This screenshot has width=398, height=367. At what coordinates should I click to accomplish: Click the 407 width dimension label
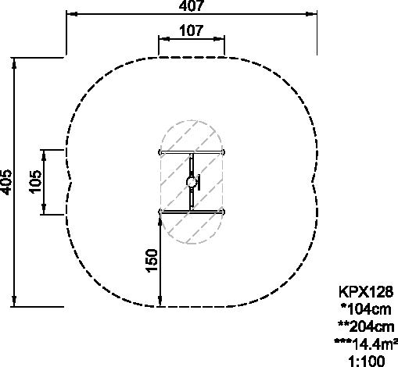pyautogui.click(x=192, y=5)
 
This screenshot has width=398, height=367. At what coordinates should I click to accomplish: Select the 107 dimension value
pyautogui.click(x=191, y=30)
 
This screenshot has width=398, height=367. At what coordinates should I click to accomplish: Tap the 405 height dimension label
pyautogui.click(x=6, y=182)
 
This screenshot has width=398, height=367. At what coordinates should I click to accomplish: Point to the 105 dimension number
pyautogui.click(x=35, y=182)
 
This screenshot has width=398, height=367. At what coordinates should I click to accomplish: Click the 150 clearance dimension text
pyautogui.click(x=152, y=261)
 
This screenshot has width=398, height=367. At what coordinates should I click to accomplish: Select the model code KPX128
pyautogui.click(x=366, y=292)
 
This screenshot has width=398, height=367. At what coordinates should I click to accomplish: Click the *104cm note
pyautogui.click(x=366, y=309)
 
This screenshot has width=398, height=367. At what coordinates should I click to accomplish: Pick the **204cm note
pyautogui.click(x=366, y=326)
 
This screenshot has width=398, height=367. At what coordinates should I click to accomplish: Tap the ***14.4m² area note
pyautogui.click(x=366, y=344)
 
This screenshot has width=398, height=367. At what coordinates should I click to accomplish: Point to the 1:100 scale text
pyautogui.click(x=367, y=362)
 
